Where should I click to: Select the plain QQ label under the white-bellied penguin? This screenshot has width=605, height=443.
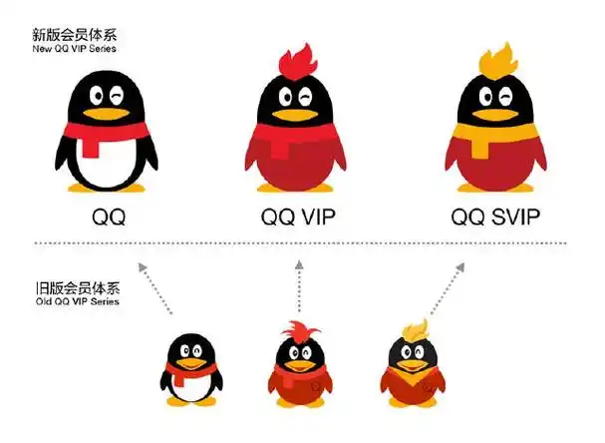[x=108, y=216]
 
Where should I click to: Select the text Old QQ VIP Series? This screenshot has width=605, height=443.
[x=76, y=300]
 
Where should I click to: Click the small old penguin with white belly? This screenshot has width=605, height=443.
[x=190, y=369]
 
